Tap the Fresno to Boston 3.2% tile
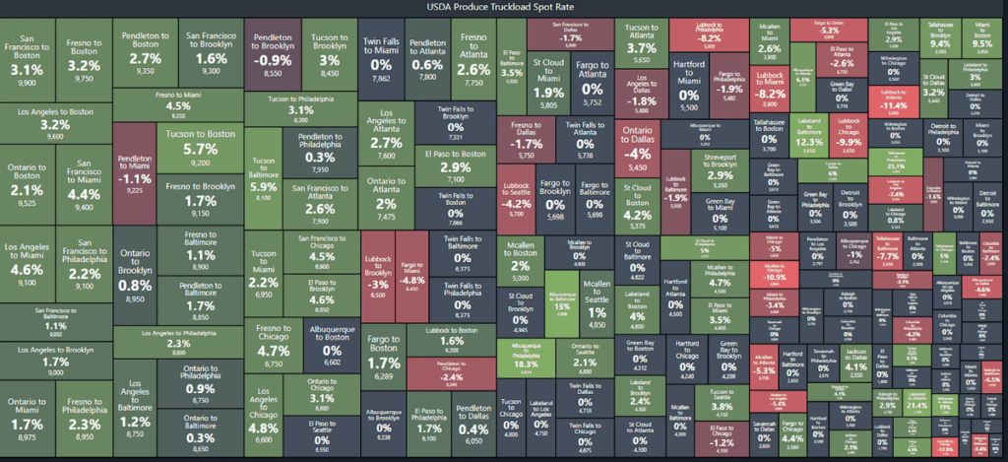click(x=84, y=59)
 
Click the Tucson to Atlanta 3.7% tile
click(x=641, y=43)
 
